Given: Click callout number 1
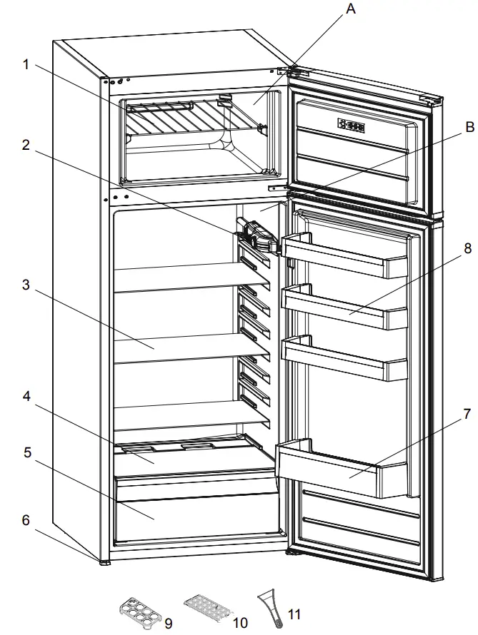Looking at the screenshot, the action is pos(26,64).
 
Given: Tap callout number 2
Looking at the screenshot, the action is pos(26,145).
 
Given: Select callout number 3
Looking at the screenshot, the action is pos(26,285).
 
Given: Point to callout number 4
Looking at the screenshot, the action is pos(26,396).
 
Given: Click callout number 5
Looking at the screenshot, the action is pos(26,452).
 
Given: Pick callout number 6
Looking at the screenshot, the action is pos(26,520).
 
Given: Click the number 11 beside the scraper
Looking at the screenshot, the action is pos(294,615).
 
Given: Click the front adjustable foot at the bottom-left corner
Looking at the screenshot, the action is pos(105,562).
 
